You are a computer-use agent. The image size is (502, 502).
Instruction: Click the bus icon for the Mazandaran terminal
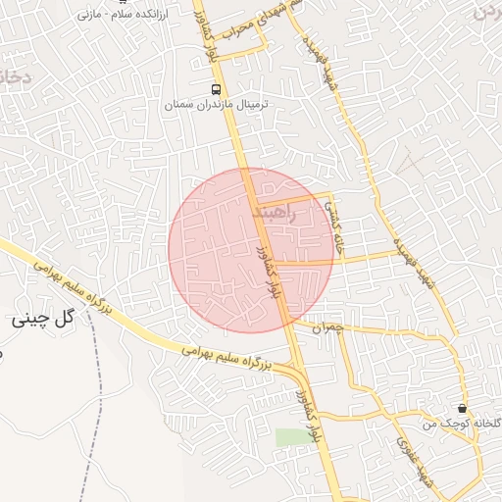point(216,89)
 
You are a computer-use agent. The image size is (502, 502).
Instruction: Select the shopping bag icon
point(462,408)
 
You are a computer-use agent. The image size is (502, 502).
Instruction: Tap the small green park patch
point(290,436)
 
